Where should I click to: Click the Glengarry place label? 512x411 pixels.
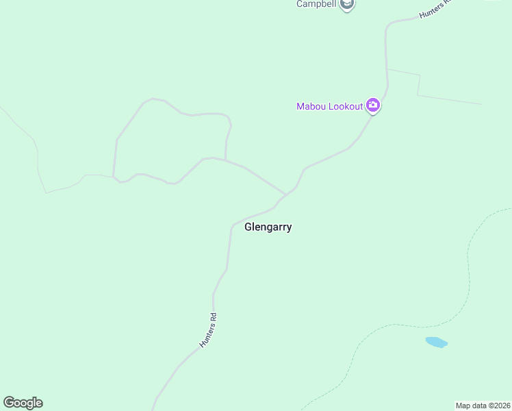point(268,227)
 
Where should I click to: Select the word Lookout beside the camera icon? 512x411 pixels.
point(345,106)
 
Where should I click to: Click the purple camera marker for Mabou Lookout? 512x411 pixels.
point(373,105)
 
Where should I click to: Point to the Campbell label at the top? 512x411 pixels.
point(317,4)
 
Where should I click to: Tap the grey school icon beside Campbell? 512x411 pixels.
point(347,5)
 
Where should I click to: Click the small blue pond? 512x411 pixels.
point(436,342)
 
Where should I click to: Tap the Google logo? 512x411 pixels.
point(23,403)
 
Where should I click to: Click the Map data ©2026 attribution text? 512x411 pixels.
point(483,406)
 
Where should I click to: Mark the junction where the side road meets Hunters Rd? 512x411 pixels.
point(286,195)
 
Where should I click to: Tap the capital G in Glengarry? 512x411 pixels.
point(248,227)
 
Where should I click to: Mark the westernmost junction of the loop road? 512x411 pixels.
point(114,177)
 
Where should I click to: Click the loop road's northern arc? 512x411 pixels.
point(185,114)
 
